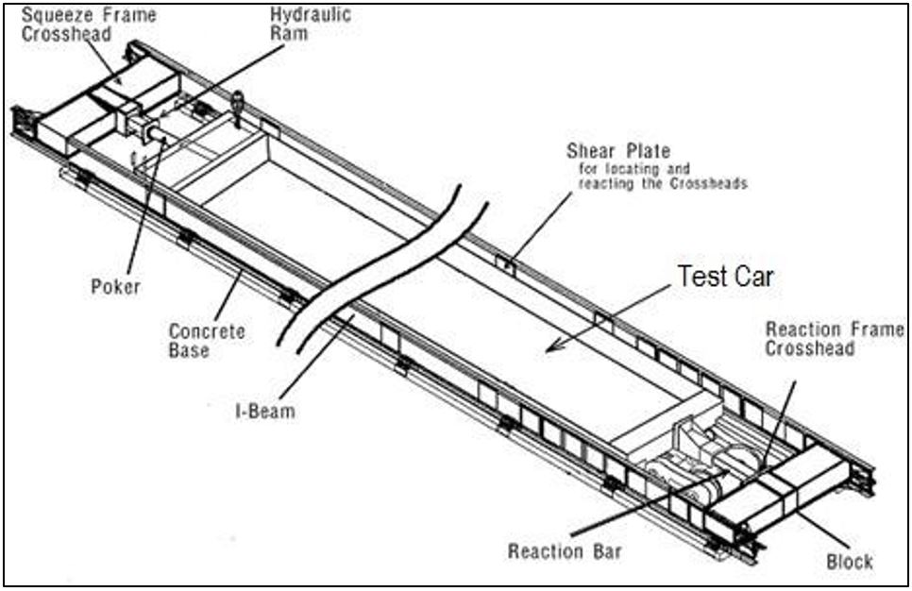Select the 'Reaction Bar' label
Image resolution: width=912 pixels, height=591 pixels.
pyautogui.click(x=563, y=550)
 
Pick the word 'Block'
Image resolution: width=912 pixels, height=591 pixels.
pyautogui.click(x=849, y=561)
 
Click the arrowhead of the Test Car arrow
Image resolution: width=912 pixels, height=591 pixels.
pyautogui.click(x=552, y=347)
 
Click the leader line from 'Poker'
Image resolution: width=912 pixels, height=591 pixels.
pyautogui.click(x=140, y=208)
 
